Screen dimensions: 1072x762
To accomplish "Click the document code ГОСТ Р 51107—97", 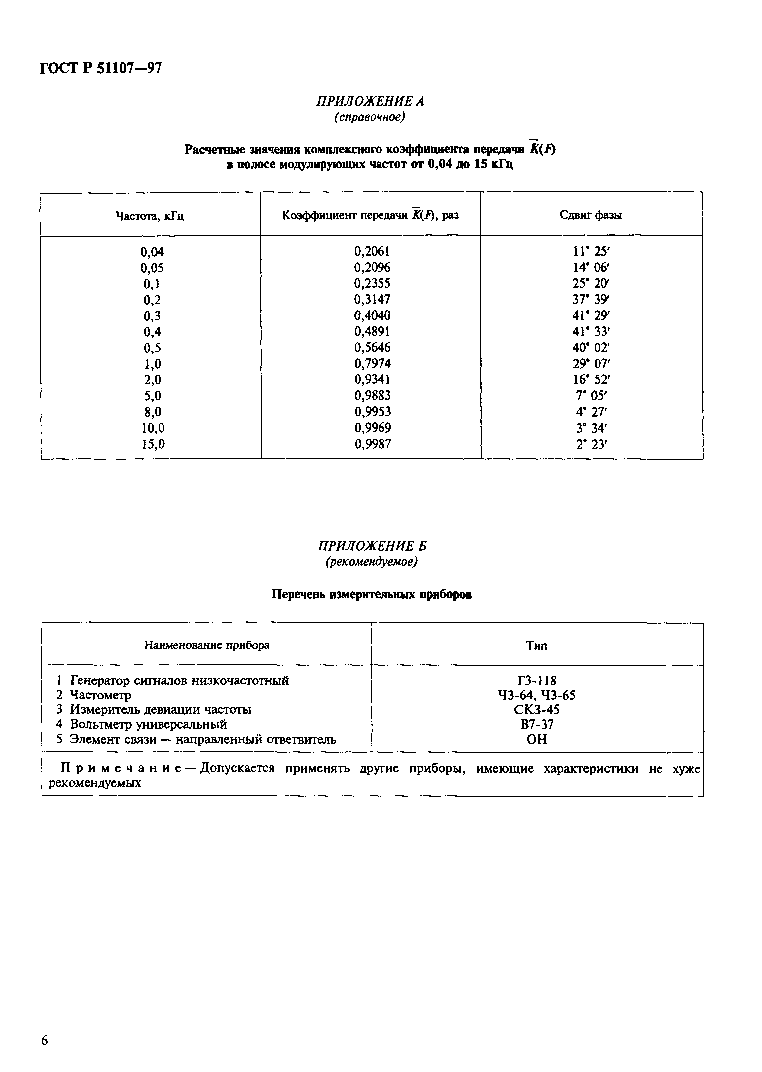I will click(101, 68).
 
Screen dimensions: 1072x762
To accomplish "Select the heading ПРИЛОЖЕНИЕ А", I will click(370, 101).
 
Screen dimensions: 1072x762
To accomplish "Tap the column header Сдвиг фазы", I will click(591, 215).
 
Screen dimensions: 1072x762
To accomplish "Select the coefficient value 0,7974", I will click(372, 364).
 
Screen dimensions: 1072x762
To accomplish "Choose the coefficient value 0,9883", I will click(372, 395).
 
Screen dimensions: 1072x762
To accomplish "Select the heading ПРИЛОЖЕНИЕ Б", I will click(372, 546).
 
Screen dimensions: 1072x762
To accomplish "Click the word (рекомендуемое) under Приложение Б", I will click(372, 562).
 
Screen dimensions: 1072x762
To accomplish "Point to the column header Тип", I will click(537, 646).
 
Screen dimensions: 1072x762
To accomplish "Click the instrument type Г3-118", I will click(537, 680).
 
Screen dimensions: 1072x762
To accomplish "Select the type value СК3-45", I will click(537, 709).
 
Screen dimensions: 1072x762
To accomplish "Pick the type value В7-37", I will click(537, 724).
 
